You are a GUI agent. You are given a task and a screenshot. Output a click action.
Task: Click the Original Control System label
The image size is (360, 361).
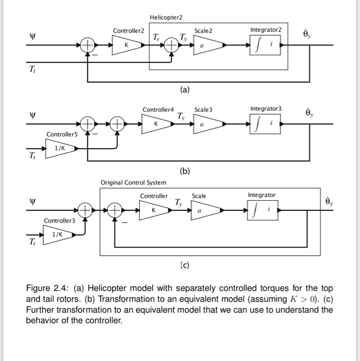pyautogui.click(x=134, y=183)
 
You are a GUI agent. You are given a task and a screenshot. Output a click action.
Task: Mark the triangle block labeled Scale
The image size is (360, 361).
pyautogui.click(x=204, y=210)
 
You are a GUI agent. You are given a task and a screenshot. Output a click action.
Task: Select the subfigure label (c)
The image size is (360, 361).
pyautogui.click(x=185, y=266)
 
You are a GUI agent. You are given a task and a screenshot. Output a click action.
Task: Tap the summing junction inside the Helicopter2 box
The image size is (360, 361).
pyautogui.click(x=170, y=46)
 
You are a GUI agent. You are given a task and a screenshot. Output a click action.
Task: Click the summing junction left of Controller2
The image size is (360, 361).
pyautogui.click(x=88, y=46)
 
